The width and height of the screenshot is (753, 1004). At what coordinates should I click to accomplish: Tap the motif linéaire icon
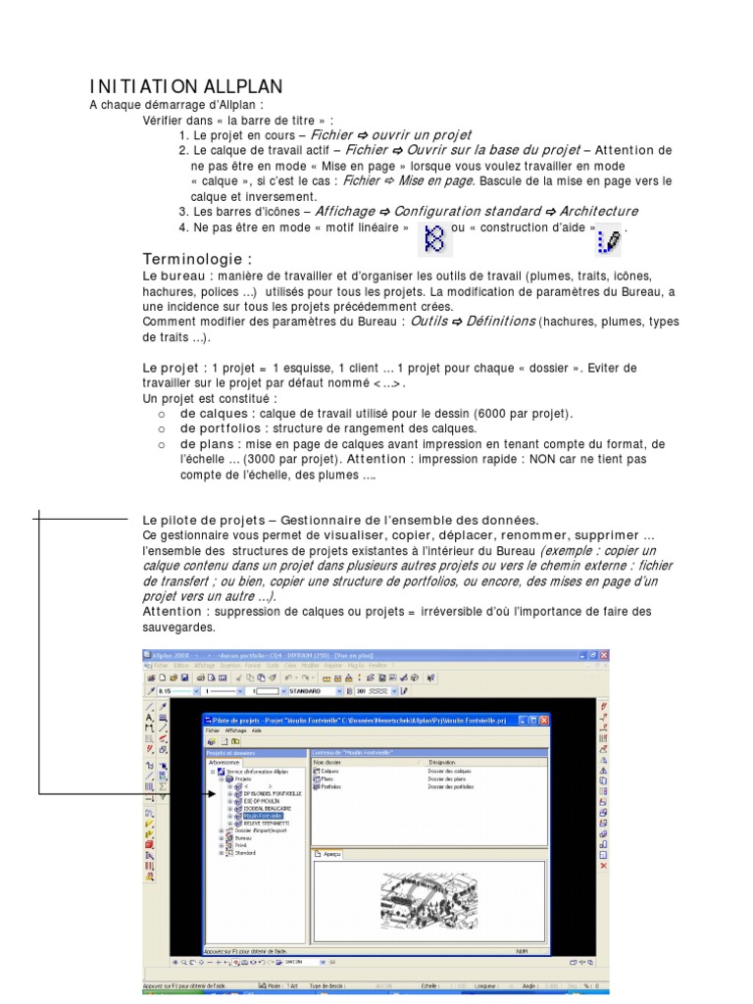point(433,235)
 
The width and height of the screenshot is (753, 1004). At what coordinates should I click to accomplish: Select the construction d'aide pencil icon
point(608,238)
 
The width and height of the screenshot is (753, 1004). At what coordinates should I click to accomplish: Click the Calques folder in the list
point(328,772)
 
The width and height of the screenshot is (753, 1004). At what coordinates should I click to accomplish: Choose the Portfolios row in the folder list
point(331,786)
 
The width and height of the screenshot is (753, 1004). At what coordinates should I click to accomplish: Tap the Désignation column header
point(443,762)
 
